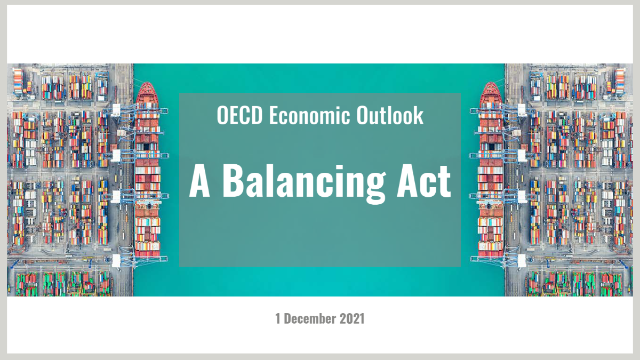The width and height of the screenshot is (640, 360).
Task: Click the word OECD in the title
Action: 239,115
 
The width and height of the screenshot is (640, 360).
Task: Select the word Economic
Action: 309,115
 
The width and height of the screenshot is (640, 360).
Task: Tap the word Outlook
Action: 390,115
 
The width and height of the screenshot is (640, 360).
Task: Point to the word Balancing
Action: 303,183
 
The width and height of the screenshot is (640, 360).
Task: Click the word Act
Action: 423,181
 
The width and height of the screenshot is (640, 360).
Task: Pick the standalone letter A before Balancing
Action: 199,181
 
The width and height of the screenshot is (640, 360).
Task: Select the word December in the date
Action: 310,318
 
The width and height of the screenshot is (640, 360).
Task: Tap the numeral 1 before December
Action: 278,318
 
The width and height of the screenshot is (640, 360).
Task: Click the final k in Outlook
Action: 419,115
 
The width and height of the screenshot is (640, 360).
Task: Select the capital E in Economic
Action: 274,115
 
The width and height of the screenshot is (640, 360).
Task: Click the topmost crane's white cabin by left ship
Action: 116,110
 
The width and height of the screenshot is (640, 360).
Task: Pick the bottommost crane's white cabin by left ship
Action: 116,261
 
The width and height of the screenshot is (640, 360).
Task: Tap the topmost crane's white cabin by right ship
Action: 522,110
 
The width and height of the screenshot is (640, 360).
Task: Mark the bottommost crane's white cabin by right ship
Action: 522,261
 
